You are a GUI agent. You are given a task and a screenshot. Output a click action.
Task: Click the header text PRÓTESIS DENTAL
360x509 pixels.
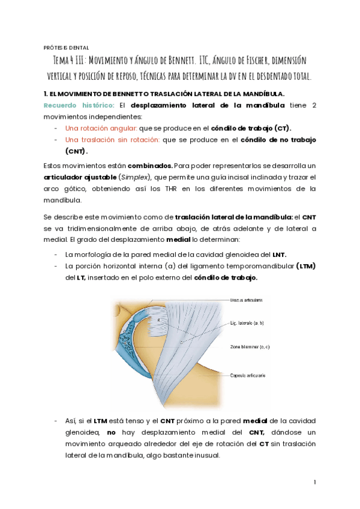click(x=67, y=47)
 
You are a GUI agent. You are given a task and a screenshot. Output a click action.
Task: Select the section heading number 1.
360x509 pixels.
click(x=46, y=94)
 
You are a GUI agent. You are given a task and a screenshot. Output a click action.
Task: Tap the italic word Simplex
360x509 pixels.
click(x=136, y=177)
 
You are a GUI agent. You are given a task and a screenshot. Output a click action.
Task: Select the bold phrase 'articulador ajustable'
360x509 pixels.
click(x=79, y=177)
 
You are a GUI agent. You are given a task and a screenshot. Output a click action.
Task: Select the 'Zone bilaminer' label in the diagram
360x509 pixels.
click(x=248, y=346)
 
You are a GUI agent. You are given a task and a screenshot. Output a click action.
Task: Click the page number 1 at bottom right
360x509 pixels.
click(x=314, y=482)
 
